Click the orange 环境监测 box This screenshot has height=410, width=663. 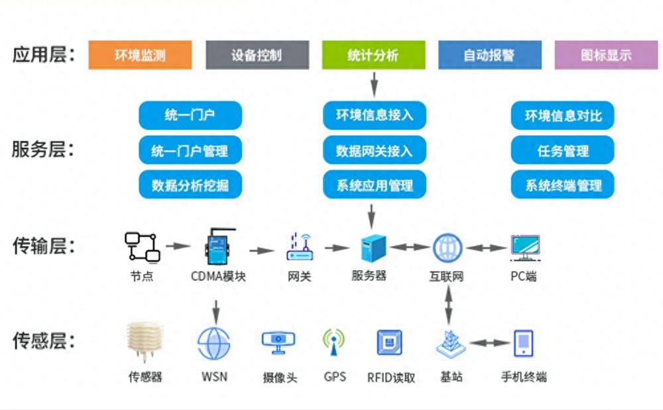coord(140,55)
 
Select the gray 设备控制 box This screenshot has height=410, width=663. coord(257,55)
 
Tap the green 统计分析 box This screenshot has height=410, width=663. coord(373,55)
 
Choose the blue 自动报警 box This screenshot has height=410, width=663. coord(489,55)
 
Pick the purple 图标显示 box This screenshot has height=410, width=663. coord(606,55)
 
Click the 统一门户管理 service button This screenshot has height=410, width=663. coord(190,151)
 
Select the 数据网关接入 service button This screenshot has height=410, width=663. coord(374,151)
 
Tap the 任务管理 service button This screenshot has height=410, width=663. coord(562,151)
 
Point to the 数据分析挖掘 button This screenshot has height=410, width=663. coord(190,185)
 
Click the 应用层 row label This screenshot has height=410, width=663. coord(44,54)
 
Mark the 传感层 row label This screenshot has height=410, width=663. coord(44,342)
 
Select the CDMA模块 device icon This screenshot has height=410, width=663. coord(215,247)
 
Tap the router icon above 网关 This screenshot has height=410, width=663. coord(299,247)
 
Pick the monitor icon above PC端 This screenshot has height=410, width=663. coord(524,247)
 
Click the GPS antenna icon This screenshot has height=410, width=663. coord(334,343)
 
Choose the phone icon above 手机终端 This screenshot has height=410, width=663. coord(523,344)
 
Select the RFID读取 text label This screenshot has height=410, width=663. coord(391,377)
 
